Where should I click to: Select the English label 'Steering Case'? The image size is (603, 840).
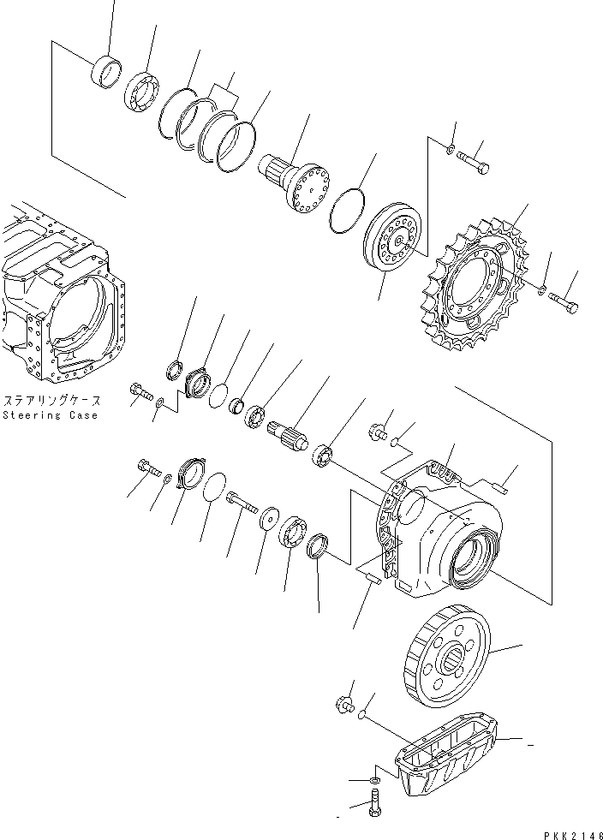point(50,415)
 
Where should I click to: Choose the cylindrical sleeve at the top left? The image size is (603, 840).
point(107,70)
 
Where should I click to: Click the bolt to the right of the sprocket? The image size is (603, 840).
point(562,301)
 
